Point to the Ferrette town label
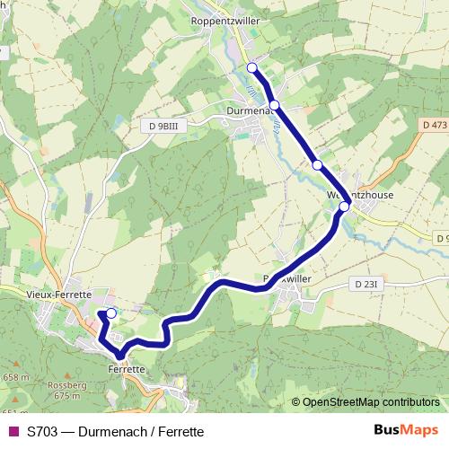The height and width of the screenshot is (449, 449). (x=126, y=369)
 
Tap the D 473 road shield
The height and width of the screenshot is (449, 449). (x=434, y=123)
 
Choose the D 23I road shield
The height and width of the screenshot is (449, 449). (x=368, y=284)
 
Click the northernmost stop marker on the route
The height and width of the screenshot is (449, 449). (x=251, y=67)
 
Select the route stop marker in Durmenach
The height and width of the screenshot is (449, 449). (x=274, y=105)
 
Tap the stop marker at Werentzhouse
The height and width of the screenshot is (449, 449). (x=344, y=207)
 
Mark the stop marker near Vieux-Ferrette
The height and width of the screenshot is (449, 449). (x=111, y=313)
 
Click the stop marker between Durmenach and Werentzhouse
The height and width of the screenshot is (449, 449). (x=317, y=164)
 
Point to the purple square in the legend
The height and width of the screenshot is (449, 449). (x=13, y=431)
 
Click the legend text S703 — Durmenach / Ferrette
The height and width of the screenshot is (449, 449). (x=115, y=431)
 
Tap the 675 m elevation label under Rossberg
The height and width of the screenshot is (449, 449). (x=67, y=395)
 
